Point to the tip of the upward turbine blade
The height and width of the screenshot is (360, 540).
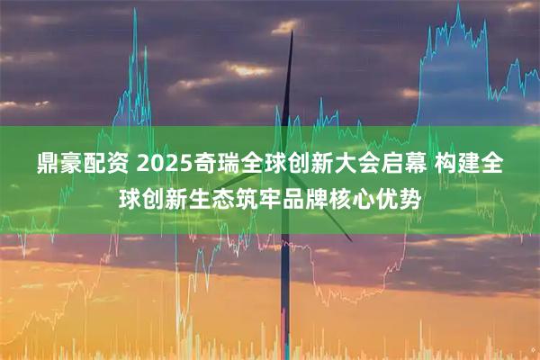click(292, 32)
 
